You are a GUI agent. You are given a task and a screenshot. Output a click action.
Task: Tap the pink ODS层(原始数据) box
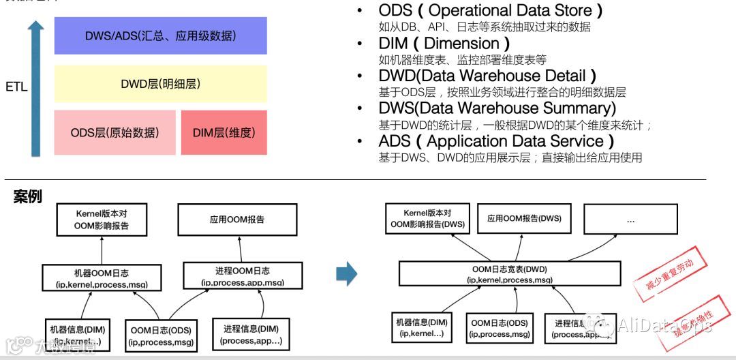(x=114, y=132)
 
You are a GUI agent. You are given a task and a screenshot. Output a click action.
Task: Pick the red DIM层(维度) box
(x=224, y=132)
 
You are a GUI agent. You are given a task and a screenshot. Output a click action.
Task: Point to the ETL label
(x=16, y=87)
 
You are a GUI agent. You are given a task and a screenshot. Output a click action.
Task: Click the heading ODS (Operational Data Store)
(x=490, y=10)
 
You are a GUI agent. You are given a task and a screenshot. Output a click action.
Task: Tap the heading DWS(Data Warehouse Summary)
(x=497, y=108)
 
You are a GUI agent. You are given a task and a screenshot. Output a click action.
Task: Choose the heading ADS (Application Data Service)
(x=496, y=141)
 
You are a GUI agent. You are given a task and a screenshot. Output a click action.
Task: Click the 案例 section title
(x=27, y=197)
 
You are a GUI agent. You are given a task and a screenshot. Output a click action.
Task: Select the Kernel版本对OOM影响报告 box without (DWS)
(x=102, y=219)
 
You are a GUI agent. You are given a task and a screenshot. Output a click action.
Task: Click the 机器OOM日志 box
(x=102, y=276)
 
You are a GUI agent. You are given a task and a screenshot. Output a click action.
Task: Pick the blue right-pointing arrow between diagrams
(x=347, y=274)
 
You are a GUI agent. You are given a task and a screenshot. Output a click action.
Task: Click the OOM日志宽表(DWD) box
(x=509, y=274)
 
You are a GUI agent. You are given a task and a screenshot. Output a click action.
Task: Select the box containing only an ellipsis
(x=630, y=219)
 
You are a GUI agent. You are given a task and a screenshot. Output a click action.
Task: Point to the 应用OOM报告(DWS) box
(x=524, y=219)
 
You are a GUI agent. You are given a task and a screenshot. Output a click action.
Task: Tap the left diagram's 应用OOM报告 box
(x=236, y=219)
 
